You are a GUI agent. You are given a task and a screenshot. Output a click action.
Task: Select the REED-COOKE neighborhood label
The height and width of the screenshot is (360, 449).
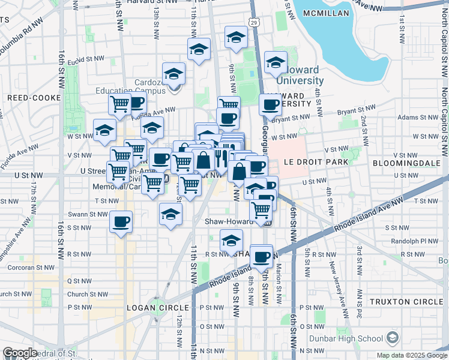click(34, 97)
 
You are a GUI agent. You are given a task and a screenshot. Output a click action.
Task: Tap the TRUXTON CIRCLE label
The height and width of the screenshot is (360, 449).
click(406, 301)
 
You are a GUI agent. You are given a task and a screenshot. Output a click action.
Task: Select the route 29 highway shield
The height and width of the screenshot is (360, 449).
click(255, 23)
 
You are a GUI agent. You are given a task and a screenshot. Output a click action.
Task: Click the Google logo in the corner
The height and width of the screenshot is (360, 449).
click(20, 353)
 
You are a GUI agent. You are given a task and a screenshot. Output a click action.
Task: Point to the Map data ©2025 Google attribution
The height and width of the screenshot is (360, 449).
click(411, 355)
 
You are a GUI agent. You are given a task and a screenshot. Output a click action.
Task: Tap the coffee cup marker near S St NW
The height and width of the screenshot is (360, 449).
click(121, 222)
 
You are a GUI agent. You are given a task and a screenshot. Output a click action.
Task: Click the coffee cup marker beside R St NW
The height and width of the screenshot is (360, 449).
click(261, 257)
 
